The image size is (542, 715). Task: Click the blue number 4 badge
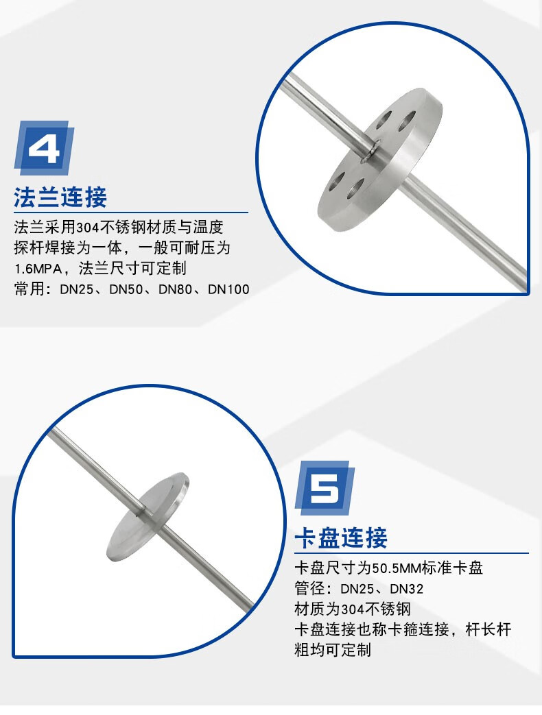(x=44, y=147)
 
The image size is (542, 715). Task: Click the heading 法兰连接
(x=60, y=197)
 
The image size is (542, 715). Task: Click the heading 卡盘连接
(x=341, y=537)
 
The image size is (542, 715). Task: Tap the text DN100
(x=228, y=289)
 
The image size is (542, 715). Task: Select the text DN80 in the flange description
(x=175, y=289)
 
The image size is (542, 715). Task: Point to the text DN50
(x=126, y=289)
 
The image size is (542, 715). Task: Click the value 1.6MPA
(x=38, y=269)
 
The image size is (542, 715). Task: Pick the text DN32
(x=406, y=589)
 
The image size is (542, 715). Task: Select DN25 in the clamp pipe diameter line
(x=357, y=589)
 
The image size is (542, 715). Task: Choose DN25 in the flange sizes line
(x=77, y=289)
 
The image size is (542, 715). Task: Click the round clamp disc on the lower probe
(x=148, y=516)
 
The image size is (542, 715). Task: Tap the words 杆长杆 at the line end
(x=488, y=630)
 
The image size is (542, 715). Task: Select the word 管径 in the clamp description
(x=309, y=589)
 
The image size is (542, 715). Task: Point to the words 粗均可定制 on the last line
(x=333, y=650)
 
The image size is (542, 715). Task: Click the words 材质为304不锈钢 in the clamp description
(x=353, y=609)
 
